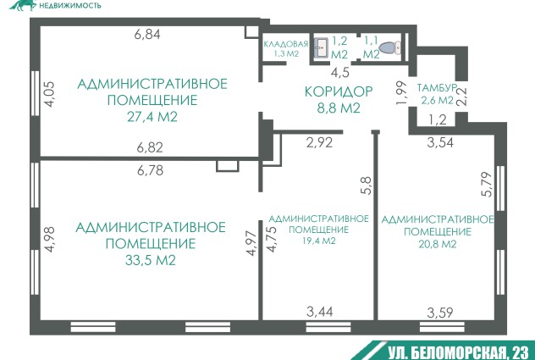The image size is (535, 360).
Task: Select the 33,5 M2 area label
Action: [150, 260]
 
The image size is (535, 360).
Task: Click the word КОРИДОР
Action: [339, 91]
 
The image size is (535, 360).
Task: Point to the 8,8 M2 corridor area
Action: [339, 108]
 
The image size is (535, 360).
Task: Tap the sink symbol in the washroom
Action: [321, 47]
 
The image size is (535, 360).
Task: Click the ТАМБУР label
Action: [437, 88]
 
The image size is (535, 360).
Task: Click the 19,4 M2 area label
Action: [318, 241]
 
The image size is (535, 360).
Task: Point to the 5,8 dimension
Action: [366, 186]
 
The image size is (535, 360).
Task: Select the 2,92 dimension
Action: [319, 142]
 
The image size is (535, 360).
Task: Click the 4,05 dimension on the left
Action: [50, 92]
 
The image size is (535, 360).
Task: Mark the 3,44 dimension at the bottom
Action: [319, 313]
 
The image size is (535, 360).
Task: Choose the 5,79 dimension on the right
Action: [487, 186]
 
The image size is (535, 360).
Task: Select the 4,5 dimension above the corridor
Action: [339, 72]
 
